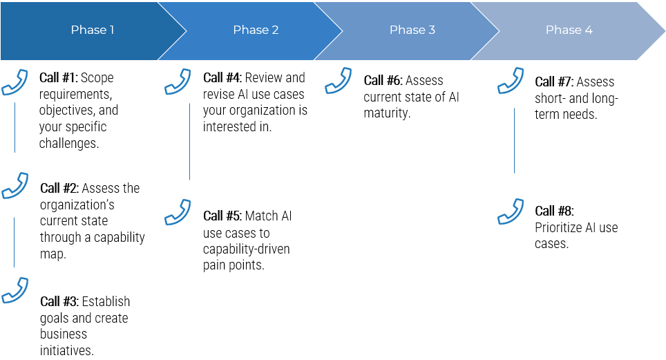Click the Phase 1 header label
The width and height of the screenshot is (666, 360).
[x=93, y=30]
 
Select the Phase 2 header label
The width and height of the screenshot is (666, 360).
[x=256, y=30]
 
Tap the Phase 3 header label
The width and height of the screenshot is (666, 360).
[x=412, y=30]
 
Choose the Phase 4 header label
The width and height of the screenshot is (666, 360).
[x=569, y=30]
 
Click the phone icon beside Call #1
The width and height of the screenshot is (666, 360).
[x=15, y=81]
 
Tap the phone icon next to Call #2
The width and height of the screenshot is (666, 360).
[x=15, y=186]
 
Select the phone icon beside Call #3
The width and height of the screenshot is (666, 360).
[x=15, y=290]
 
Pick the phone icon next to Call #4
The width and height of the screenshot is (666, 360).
[x=178, y=81]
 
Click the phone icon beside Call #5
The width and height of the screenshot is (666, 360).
[x=178, y=212]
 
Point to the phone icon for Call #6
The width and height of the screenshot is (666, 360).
[x=338, y=81]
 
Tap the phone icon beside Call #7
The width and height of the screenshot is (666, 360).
[x=511, y=81]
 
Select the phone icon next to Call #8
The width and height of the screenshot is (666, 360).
[x=511, y=211]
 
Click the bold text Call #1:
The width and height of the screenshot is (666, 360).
[x=59, y=77]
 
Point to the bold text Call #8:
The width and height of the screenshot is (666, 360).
[x=554, y=211]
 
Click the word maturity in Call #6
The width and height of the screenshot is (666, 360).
[x=386, y=113]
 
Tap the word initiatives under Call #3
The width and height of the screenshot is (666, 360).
[x=66, y=350]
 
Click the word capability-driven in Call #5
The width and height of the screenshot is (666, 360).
[x=246, y=249]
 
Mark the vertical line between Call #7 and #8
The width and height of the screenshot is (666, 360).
[x=514, y=140]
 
